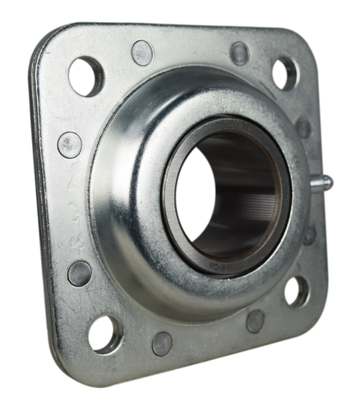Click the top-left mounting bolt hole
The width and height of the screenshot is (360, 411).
coord(86,76)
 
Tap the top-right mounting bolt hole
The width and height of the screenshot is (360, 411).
coord(284,73)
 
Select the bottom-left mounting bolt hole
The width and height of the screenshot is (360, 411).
coord(105,333)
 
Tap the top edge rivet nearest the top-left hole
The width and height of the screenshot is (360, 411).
coord(142,53)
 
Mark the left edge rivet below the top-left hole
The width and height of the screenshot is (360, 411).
coord(70,145)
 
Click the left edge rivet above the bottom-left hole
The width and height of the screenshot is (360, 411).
coord(80,273)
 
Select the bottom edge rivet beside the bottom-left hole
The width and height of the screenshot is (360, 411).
coord(162,343)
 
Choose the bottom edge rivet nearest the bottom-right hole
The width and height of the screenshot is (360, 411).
coord(256,321)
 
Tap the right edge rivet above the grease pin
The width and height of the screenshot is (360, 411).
coord(304,127)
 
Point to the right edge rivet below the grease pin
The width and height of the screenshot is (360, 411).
coord(309,235)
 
